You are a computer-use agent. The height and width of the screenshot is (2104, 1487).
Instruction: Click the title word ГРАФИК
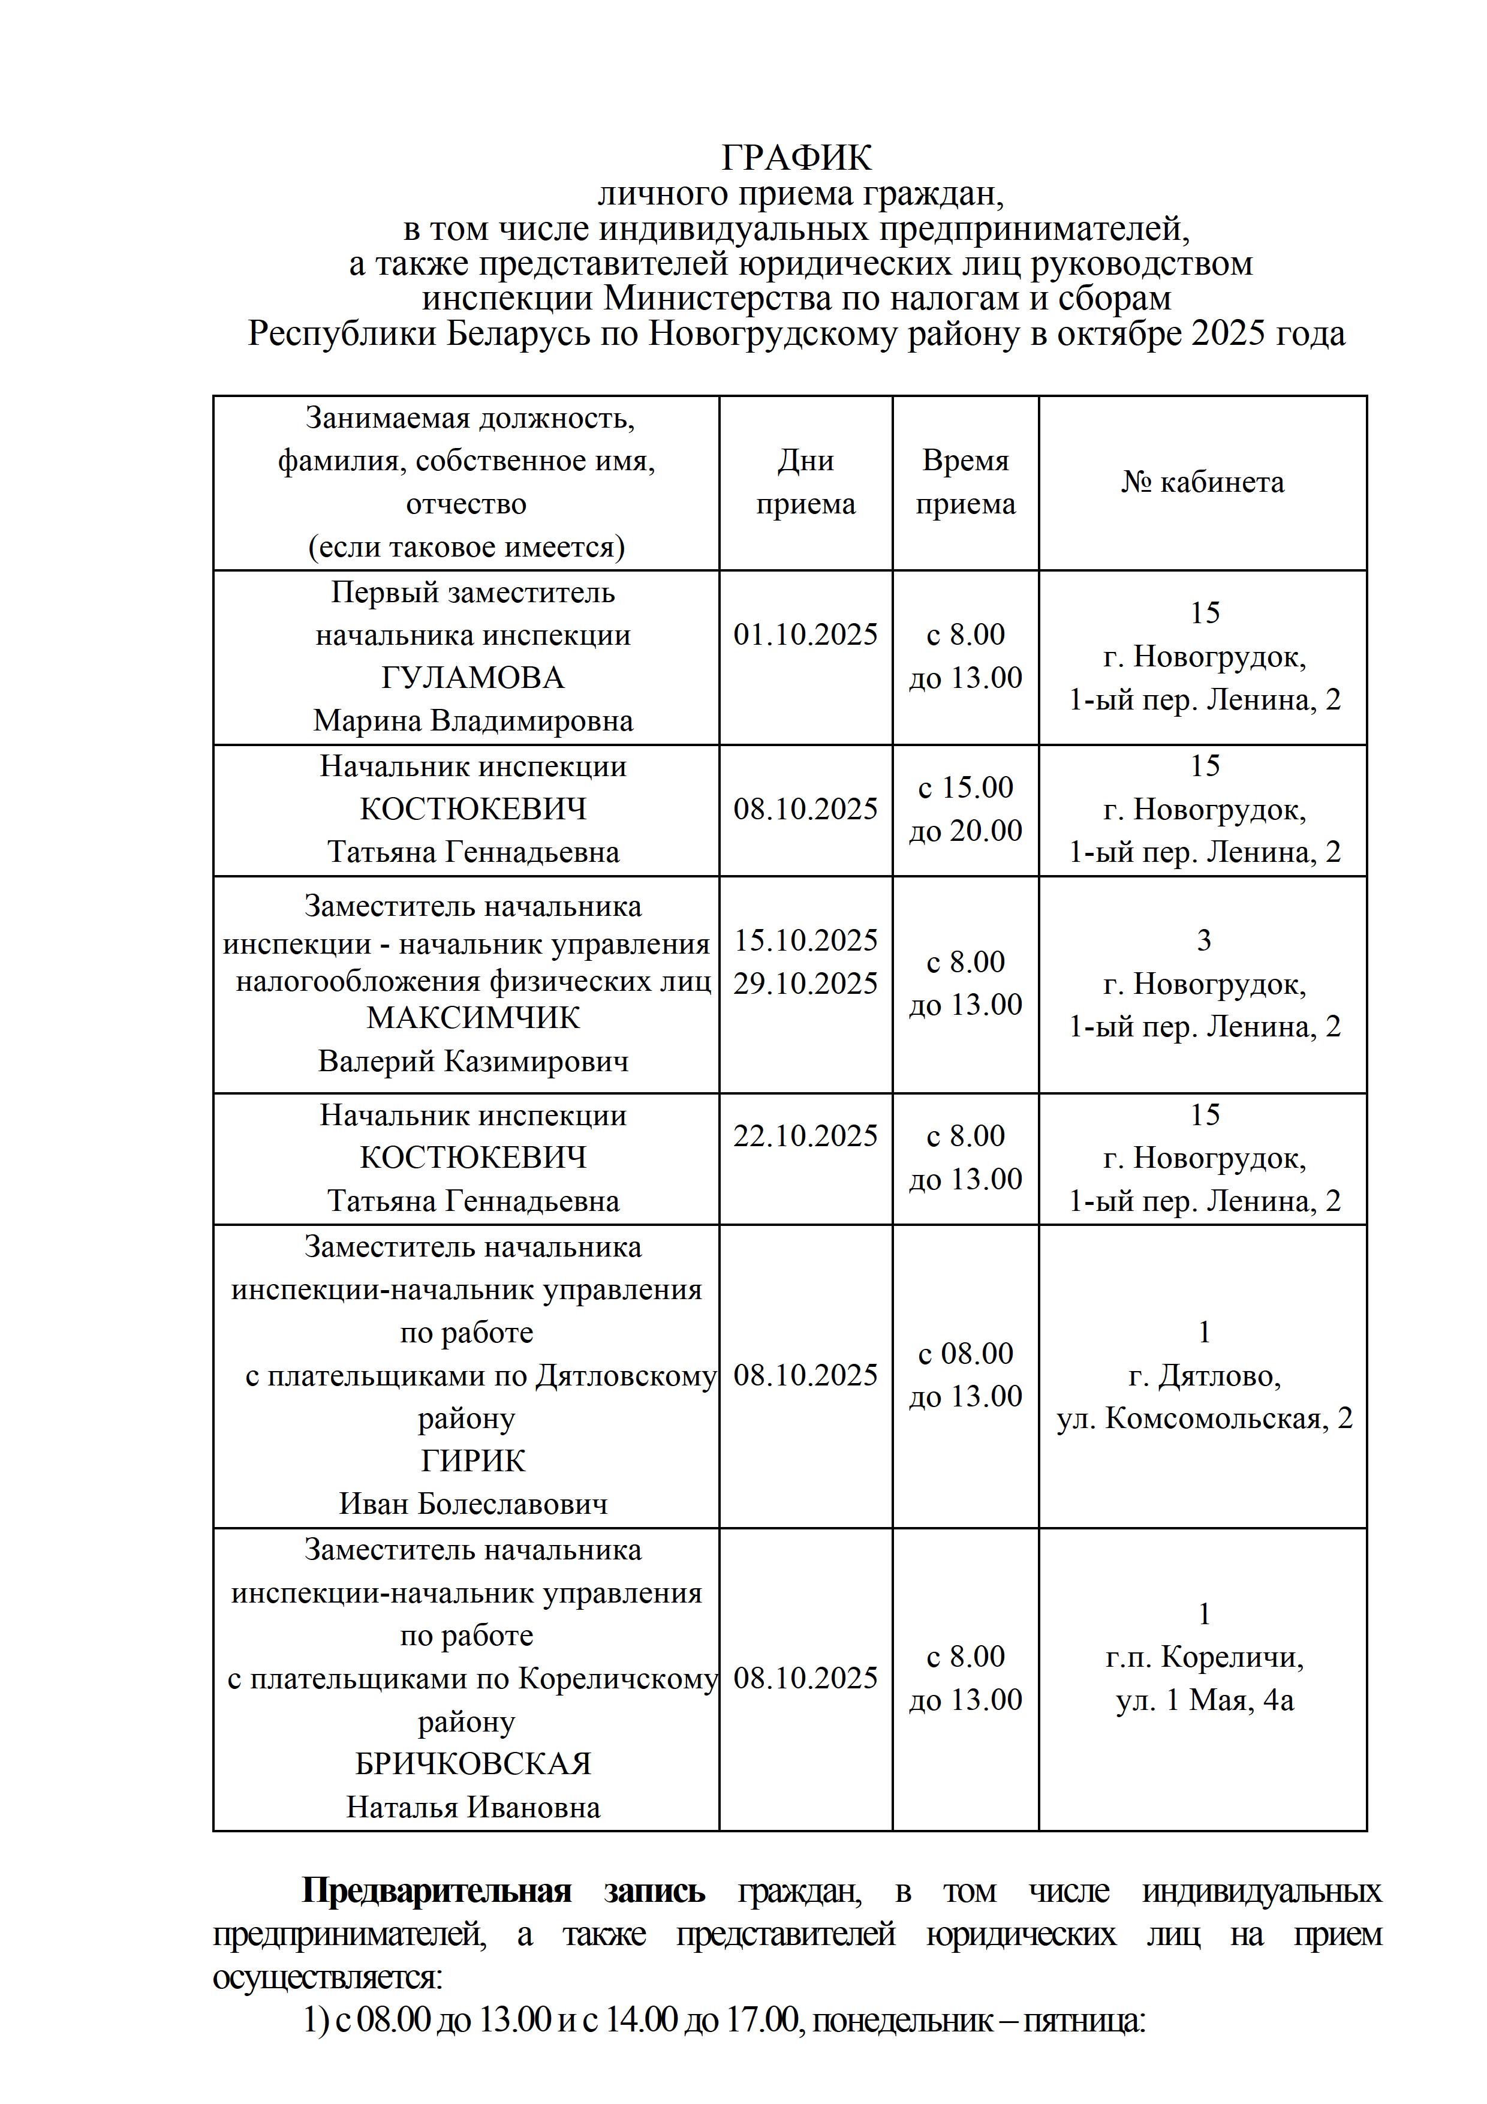pos(796,158)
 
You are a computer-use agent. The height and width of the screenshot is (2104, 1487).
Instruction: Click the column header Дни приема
pos(805,482)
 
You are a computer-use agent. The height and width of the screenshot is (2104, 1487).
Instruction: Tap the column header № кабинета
pos(1202,482)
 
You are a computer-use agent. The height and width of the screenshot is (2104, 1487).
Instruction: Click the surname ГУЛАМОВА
pos(472,678)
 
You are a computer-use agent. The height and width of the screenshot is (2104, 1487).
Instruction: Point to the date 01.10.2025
pos(805,634)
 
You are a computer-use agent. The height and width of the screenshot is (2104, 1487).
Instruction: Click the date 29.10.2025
pos(805,983)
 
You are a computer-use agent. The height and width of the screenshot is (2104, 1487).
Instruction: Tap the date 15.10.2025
pos(805,940)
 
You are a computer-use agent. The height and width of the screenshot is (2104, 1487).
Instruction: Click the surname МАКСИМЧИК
pos(472,1018)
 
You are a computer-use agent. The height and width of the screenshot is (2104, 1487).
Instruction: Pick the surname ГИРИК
pos(472,1460)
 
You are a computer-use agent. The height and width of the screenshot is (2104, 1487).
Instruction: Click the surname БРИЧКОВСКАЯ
pos(472,1764)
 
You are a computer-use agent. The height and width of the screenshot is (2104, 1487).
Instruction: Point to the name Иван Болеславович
pos(472,1504)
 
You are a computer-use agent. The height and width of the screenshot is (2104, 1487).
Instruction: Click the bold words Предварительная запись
pos(503,1890)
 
